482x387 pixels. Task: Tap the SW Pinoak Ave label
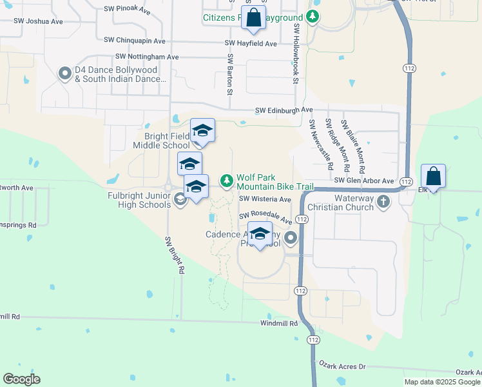128,11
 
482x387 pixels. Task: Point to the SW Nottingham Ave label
147,57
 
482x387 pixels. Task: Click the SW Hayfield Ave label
251,43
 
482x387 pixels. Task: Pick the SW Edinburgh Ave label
284,110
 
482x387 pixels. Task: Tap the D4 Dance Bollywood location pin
64,74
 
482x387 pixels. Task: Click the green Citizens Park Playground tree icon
313,17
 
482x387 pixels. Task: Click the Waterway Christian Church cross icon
383,201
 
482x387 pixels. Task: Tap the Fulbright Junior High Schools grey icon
180,199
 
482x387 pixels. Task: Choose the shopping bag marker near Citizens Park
253,19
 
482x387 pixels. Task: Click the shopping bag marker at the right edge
433,176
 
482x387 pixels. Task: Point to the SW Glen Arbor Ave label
363,181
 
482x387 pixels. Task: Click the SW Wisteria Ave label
265,199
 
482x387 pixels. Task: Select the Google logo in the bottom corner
21,379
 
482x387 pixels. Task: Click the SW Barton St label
229,74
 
